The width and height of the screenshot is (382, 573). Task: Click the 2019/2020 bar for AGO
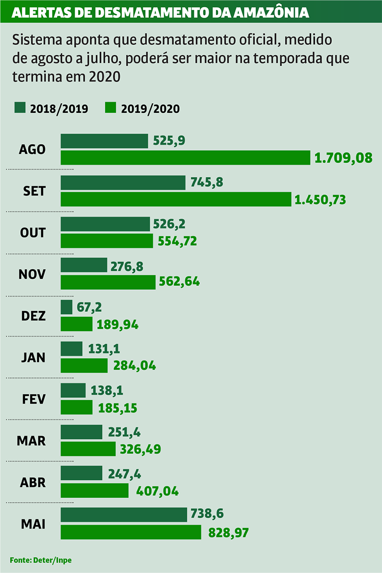(185, 157)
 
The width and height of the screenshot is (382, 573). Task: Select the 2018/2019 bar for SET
(123, 182)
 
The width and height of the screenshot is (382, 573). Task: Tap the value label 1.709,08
(344, 157)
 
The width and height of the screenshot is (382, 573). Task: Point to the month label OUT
(33, 233)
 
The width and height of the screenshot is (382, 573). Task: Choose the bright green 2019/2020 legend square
(110, 108)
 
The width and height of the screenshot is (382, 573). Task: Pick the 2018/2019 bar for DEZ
(66, 307)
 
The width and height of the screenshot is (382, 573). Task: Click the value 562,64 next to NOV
(179, 282)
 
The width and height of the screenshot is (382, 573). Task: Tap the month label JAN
(33, 358)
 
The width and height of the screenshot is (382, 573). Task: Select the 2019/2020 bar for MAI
(131, 532)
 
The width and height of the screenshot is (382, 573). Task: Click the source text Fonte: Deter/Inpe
(40, 560)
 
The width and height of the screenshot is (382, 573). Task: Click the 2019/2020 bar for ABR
(95, 490)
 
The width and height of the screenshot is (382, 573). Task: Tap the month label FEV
(34, 399)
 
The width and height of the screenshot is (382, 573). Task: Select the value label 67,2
(89, 307)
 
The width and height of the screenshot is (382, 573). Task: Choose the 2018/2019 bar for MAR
(81, 432)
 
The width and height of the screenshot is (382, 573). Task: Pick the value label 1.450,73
(320, 200)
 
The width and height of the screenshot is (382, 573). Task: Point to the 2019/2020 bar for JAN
(84, 366)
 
